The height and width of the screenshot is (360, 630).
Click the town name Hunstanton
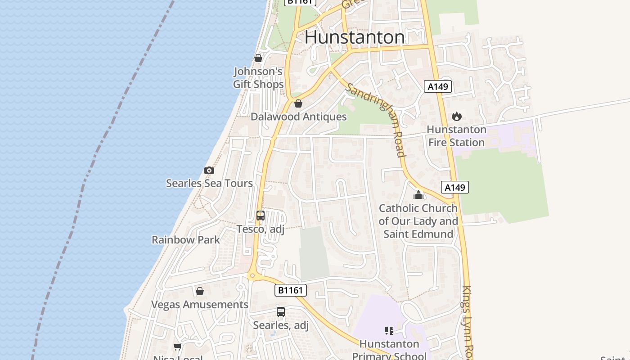[355, 37]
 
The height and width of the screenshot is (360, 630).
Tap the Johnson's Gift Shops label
[258, 78]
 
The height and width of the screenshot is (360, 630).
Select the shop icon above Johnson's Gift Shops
[258, 58]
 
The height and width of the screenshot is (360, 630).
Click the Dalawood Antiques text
[298, 117]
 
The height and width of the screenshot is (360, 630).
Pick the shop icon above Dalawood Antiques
[298, 103]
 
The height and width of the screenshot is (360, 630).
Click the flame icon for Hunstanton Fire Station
[457, 117]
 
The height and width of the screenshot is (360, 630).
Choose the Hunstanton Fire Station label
[456, 136]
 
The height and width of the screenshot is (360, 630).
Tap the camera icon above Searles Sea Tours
[209, 170]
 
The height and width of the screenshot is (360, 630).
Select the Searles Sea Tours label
[209, 184]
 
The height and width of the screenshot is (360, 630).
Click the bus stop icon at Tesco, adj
[261, 216]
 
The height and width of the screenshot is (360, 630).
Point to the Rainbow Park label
[186, 240]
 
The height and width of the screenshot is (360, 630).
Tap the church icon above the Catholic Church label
[418, 195]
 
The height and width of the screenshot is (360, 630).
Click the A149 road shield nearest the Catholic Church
[455, 187]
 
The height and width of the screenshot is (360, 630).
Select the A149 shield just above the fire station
[437, 86]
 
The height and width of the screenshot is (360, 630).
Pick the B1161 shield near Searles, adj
[290, 290]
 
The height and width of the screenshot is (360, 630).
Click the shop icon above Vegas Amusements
[200, 291]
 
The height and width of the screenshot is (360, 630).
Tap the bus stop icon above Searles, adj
[281, 311]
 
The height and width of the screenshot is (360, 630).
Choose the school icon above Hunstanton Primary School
[389, 331]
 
